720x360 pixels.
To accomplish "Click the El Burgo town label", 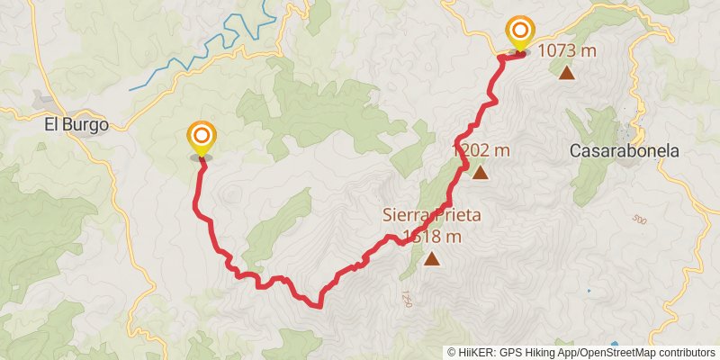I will click(76, 125).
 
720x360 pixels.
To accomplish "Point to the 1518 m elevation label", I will click(433, 238).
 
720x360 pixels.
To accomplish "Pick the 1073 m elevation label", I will click(567, 50).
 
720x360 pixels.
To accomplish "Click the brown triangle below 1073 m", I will click(567, 73).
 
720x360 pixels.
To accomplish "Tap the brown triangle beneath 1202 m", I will click(480, 173).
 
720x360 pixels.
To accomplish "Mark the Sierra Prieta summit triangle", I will click(433, 260).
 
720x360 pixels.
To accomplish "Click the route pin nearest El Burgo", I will click(202, 138).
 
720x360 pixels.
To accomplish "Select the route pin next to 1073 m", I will click(520, 32).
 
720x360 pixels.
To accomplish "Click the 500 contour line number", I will click(640, 220).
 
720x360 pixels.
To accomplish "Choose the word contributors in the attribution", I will click(687, 353).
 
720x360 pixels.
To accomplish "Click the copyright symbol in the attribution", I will click(452, 353).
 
